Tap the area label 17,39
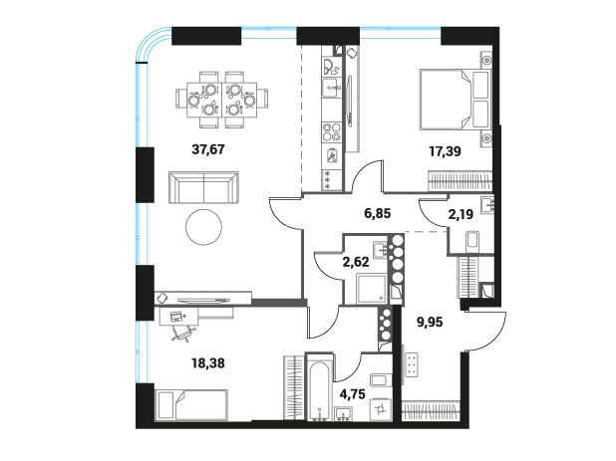pos(445,151)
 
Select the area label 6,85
pos(378,214)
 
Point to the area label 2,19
pos(461,214)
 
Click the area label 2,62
pos(356,262)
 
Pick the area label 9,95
pos(430,323)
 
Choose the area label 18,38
pos(208,363)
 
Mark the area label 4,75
pos(353,393)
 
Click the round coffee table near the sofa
pos(203,226)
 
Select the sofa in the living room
pos(203,187)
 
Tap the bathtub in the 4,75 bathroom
pos(320,387)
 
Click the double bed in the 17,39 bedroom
pos(456,100)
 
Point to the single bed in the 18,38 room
pos(191,405)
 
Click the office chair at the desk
pos(184,333)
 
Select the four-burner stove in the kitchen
pos(332,131)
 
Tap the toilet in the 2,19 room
pos(471,240)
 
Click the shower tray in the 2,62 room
pos(372,289)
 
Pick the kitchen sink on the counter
pos(332,88)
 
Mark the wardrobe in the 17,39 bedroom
pos(460,181)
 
